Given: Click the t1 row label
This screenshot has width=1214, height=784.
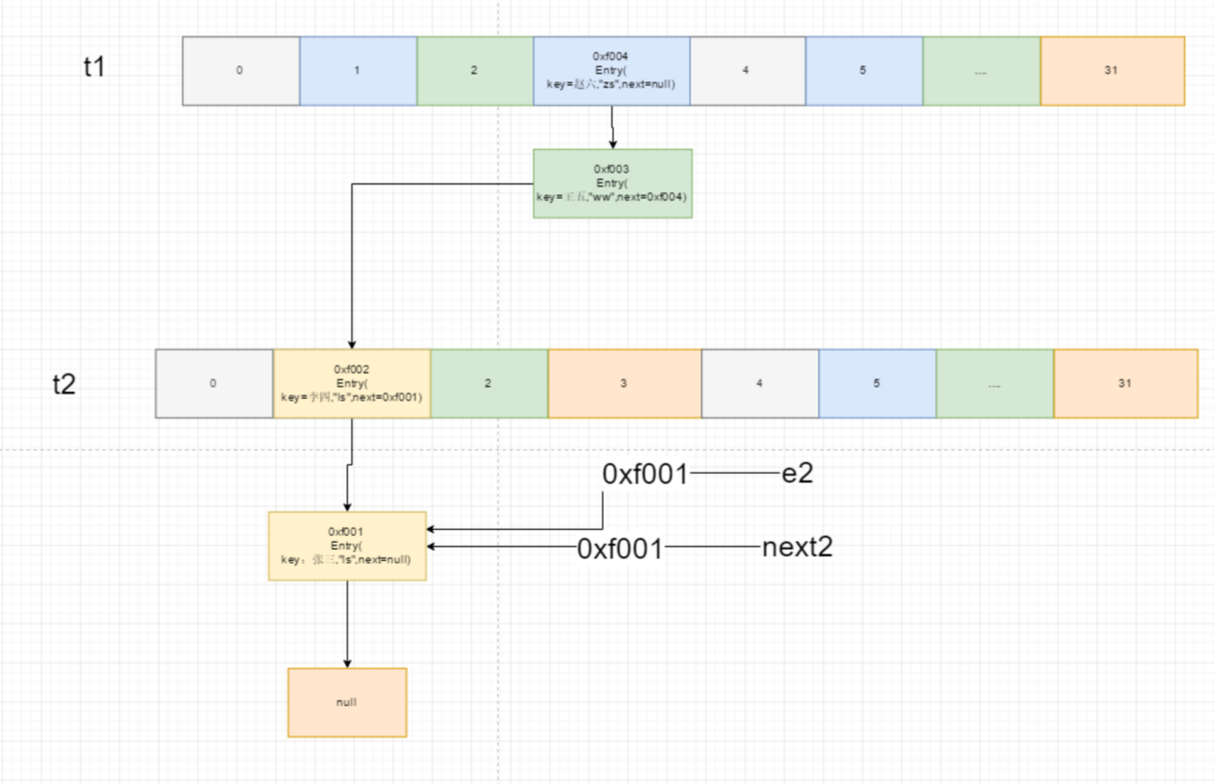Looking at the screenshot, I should click(x=94, y=67).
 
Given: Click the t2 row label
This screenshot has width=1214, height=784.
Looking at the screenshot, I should click(x=64, y=383).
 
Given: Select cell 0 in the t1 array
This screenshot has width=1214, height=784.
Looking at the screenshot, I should click(x=240, y=71).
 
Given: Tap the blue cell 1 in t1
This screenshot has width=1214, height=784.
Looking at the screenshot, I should click(x=358, y=71).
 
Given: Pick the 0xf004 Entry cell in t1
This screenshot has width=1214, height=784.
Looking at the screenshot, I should click(x=611, y=71).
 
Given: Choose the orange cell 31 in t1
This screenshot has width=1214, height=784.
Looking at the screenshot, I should click(x=1112, y=71).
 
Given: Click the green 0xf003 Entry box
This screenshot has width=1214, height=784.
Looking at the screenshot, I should click(x=612, y=183).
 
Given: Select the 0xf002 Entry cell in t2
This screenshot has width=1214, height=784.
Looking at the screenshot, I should click(x=351, y=383).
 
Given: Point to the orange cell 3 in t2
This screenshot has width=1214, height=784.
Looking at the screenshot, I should click(x=624, y=383).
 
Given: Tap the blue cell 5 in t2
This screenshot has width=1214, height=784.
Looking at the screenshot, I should click(x=876, y=383).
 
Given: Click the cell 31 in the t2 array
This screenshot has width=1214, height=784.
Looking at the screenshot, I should click(x=1125, y=383).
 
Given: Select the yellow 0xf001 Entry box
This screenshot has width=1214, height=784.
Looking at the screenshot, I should click(x=346, y=546).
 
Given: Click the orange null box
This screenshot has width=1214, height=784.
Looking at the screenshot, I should click(x=347, y=702).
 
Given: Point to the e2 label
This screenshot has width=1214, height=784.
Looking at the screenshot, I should click(x=797, y=474).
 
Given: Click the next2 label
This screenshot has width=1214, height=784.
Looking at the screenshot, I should click(x=797, y=547).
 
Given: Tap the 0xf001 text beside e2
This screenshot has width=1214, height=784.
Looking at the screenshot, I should click(x=645, y=474).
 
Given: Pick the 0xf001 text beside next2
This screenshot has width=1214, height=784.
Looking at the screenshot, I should click(x=620, y=548).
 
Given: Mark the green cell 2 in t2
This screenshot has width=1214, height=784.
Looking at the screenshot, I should click(x=489, y=383).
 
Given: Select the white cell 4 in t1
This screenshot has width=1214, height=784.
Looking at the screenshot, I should click(x=746, y=71).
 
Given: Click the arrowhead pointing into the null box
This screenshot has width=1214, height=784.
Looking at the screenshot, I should click(x=347, y=663).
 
